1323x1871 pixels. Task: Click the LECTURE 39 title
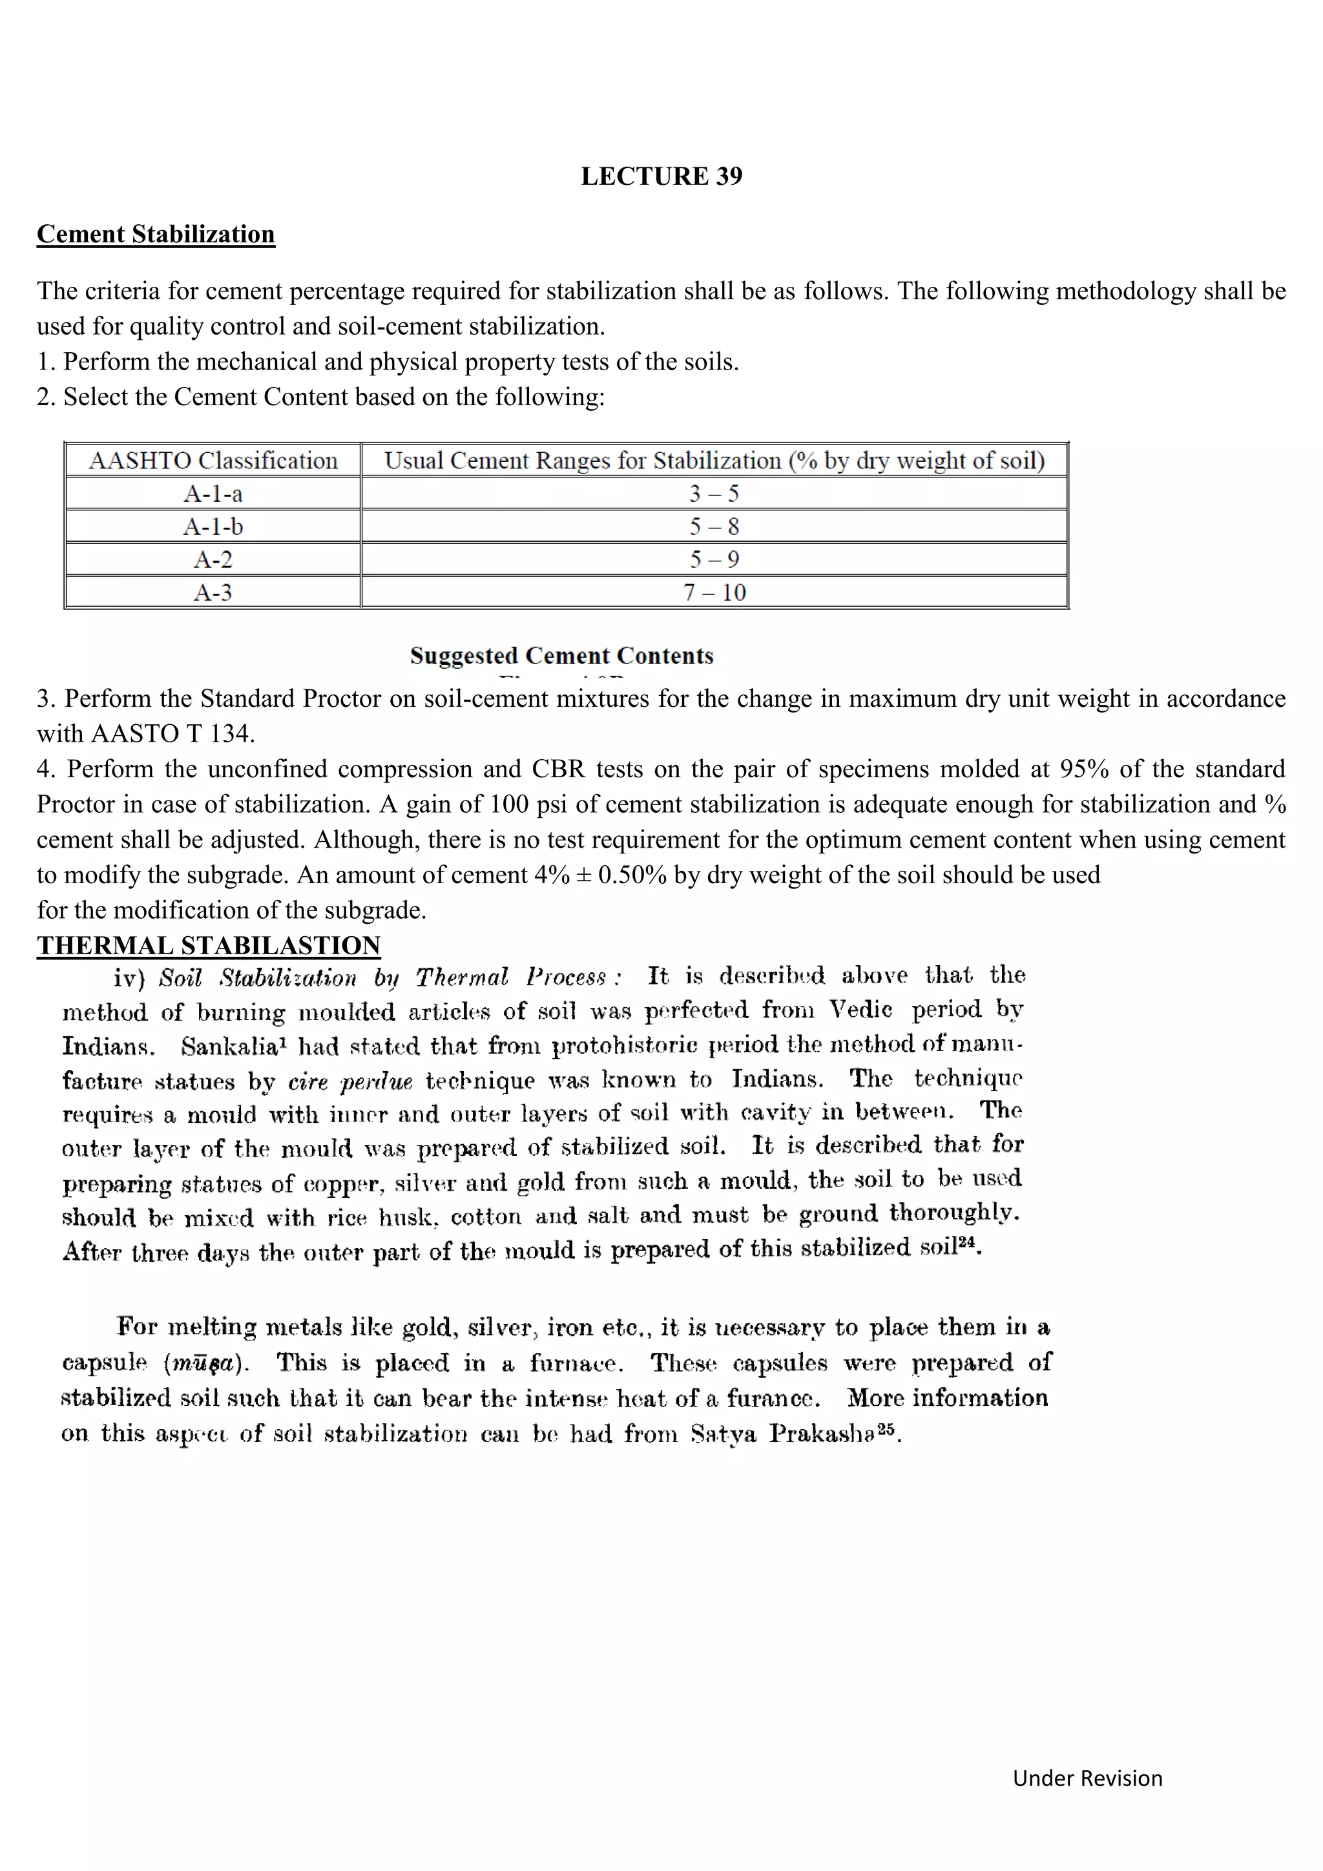[x=661, y=176]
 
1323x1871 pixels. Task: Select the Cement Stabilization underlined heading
[x=156, y=234]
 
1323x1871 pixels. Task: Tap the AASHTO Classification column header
[x=213, y=461]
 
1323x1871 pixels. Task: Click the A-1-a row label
[x=213, y=494]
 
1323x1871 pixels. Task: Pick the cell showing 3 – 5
[x=714, y=494]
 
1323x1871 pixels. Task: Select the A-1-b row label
[x=213, y=527]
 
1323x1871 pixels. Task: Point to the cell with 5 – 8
[x=714, y=527]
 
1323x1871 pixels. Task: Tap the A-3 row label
[x=213, y=592]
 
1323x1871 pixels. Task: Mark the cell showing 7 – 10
[x=714, y=592]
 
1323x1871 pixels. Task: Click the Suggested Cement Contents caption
[x=561, y=655]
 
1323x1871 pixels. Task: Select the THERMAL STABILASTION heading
[x=209, y=945]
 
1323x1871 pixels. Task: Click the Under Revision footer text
[x=1087, y=1777]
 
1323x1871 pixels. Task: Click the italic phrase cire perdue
[x=350, y=1082]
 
